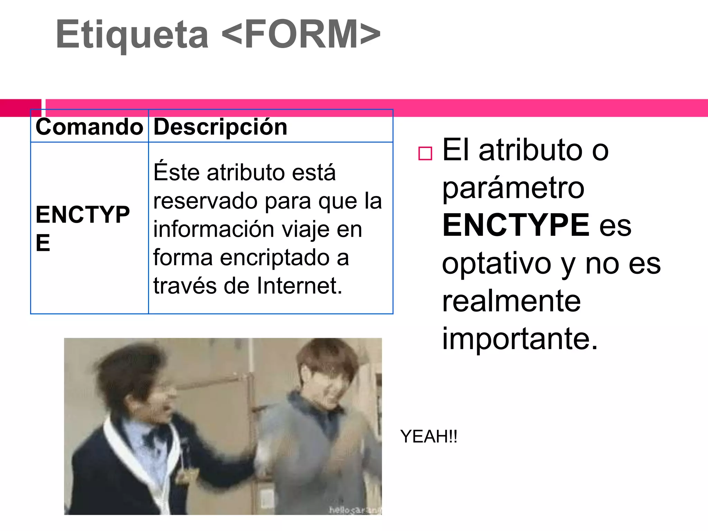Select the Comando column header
coord(89,127)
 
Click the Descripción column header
coord(220,127)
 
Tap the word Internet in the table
coord(299,286)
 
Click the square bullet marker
coord(425,153)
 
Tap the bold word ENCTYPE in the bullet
coord(516,225)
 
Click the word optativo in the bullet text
coord(496,263)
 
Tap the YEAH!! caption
coord(429,436)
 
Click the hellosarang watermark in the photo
coord(355,510)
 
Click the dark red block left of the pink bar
coord(21,108)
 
